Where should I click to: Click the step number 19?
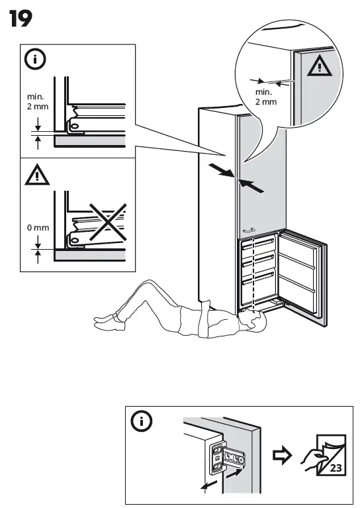(21, 20)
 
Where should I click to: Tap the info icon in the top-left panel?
(36, 60)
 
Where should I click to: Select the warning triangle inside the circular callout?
(320, 66)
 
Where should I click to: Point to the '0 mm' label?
(38, 228)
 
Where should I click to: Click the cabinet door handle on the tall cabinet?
(249, 230)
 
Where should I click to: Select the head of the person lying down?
(252, 323)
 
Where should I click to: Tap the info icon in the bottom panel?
(142, 421)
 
